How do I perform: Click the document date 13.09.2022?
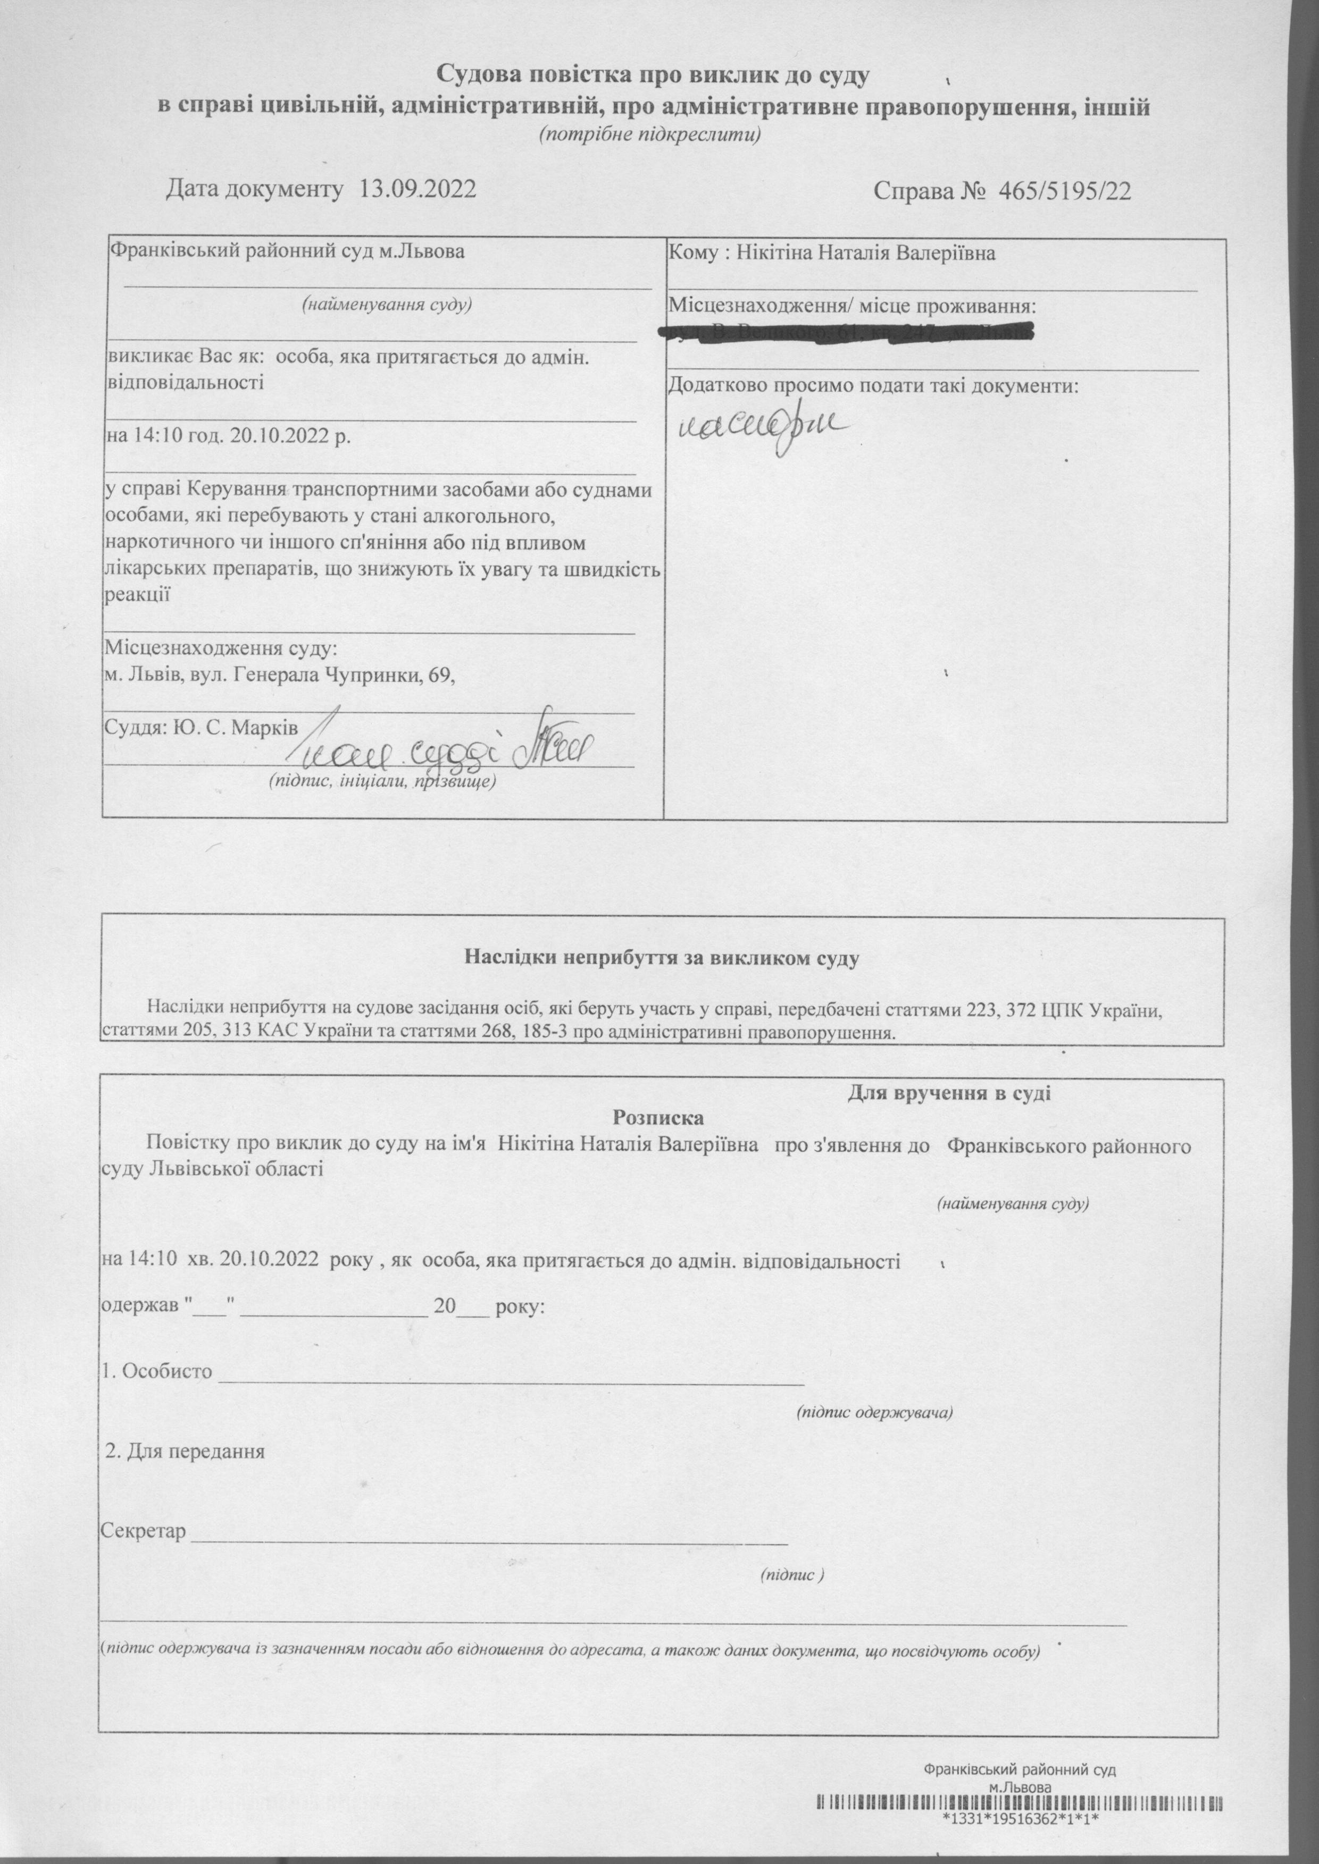416,191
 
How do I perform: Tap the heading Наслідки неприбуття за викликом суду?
661,957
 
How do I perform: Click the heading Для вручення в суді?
949,1093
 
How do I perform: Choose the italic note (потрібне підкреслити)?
650,135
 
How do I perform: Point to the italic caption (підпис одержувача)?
875,1412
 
